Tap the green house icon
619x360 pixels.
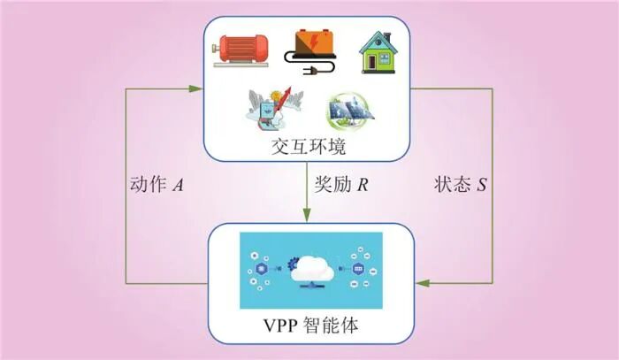[378, 52]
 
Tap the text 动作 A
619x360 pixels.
[156, 186]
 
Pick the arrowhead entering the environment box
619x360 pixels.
[196, 87]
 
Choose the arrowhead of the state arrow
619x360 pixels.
[423, 283]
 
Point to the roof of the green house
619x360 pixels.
[378, 40]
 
